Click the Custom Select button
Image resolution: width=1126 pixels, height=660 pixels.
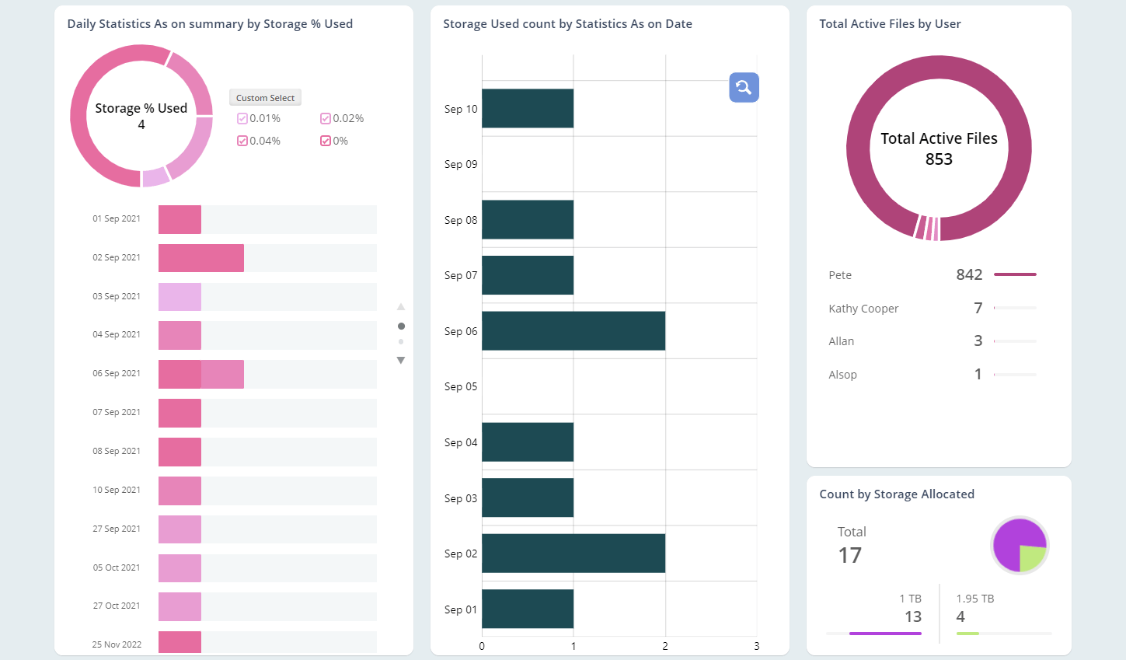(x=265, y=98)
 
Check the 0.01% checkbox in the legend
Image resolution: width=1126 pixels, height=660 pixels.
(x=242, y=119)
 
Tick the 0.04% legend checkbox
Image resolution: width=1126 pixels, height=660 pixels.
(x=242, y=141)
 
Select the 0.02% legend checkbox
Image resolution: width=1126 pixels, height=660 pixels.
(x=326, y=119)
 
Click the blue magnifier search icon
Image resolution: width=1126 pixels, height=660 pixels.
(x=744, y=87)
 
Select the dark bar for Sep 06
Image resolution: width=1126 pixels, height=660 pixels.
(x=573, y=331)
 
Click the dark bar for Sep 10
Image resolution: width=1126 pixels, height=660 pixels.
(x=527, y=109)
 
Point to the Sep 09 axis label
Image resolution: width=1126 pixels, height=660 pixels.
(x=461, y=164)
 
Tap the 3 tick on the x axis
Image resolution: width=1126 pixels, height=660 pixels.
(x=756, y=646)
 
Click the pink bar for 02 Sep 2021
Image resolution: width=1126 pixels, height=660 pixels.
(x=200, y=258)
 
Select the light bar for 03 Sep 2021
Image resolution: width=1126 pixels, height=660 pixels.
(x=180, y=297)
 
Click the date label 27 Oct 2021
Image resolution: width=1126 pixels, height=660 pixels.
(x=117, y=606)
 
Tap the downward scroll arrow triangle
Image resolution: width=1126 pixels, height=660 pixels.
(x=401, y=361)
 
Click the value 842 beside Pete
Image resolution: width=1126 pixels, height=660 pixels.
(x=969, y=274)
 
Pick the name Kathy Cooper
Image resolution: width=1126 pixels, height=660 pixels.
(x=863, y=309)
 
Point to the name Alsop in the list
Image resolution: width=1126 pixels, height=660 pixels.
(x=842, y=375)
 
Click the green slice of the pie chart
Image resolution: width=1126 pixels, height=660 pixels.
(x=1032, y=557)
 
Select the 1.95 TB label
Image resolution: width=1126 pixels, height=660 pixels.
(x=974, y=599)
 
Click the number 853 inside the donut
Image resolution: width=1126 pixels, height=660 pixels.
(x=939, y=159)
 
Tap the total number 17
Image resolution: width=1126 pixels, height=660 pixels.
(x=849, y=555)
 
